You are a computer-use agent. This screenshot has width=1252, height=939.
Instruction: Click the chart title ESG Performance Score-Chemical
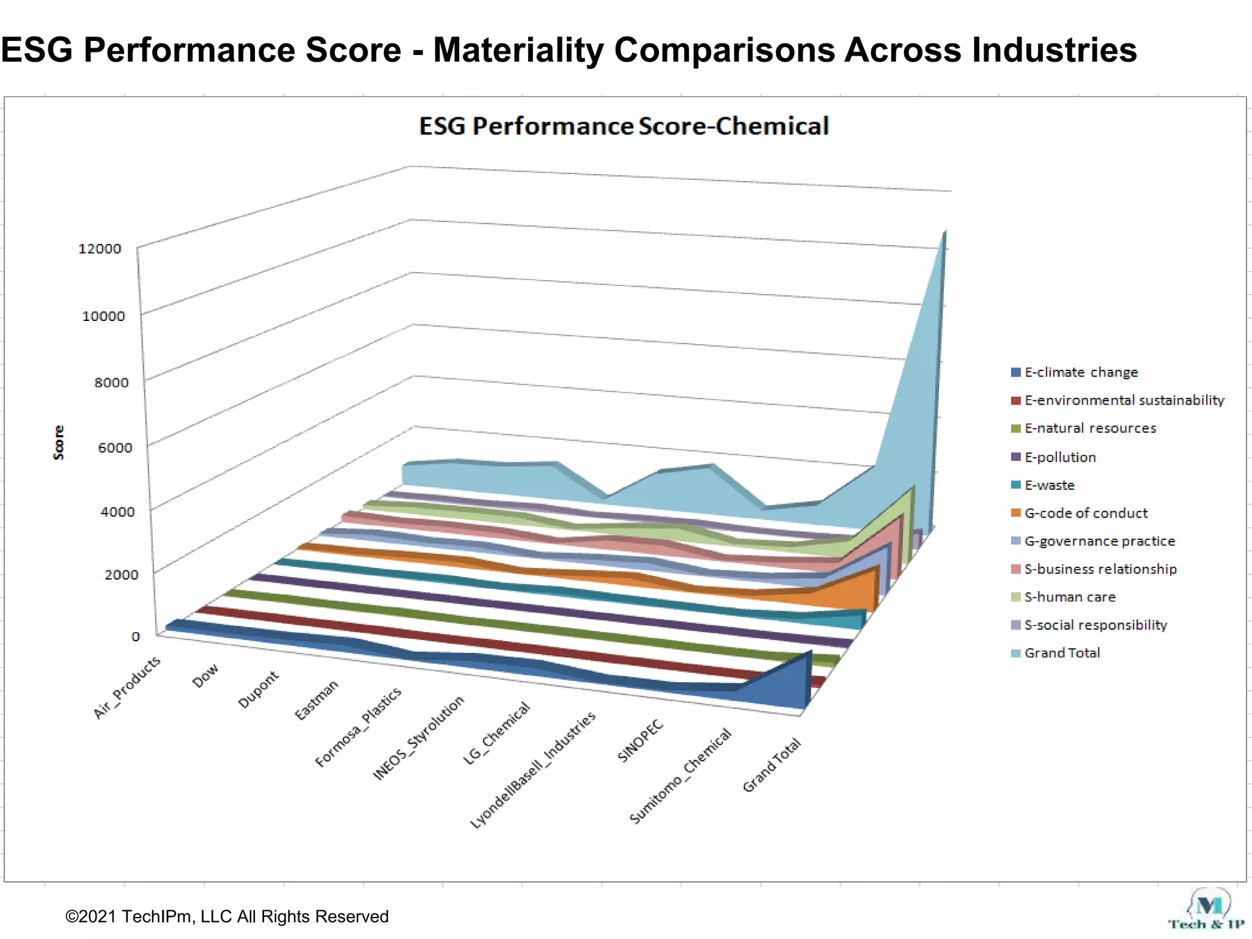coord(624,127)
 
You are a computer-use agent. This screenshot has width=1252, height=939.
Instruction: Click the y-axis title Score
coord(59,442)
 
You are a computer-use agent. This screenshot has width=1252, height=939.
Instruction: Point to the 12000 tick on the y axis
coord(100,249)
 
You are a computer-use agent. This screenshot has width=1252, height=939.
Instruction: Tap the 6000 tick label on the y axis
coord(115,447)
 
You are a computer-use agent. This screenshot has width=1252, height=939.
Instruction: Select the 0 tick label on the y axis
coord(135,636)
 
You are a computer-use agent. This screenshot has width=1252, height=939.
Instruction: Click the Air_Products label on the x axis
coord(127,687)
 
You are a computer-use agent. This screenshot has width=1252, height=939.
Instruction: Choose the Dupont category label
coord(258,690)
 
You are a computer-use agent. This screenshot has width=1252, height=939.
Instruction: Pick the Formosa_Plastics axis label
coord(358,727)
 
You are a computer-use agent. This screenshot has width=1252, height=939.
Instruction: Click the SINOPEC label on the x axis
coord(640,741)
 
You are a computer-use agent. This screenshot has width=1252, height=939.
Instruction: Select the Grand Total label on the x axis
coord(771,765)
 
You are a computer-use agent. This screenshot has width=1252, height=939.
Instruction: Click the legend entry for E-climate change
coord(1081,372)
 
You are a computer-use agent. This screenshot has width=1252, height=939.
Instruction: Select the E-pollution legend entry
coord(1060,457)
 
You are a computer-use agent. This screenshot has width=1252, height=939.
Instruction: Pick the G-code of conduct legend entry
coord(1086,514)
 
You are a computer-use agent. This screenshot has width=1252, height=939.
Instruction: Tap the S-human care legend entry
coord(1070,597)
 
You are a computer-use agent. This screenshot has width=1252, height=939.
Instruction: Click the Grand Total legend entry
coord(1062,653)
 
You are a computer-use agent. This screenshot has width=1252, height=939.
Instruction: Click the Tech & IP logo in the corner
coord(1207,911)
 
